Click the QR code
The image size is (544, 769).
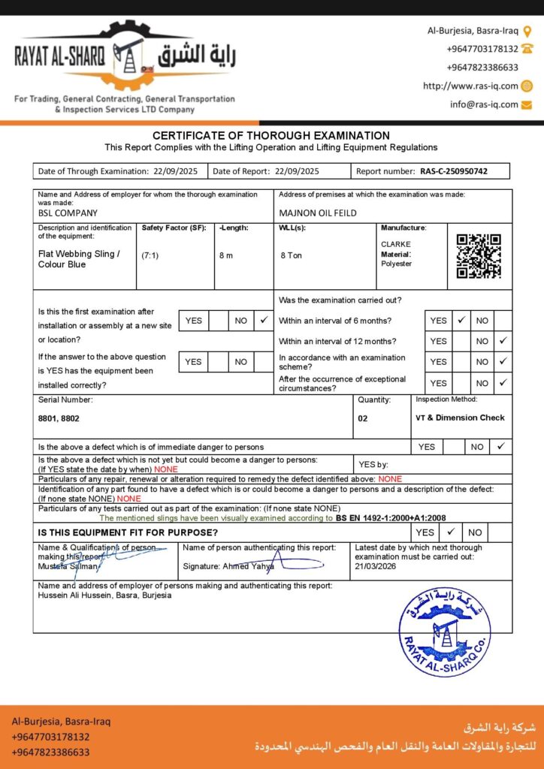tap(479, 256)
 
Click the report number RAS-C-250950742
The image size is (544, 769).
tap(454, 171)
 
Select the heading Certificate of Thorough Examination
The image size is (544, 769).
tap(271, 135)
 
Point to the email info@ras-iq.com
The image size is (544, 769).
tap(484, 104)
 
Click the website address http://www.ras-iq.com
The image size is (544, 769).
tap(470, 86)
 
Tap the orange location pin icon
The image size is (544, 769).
tap(527, 31)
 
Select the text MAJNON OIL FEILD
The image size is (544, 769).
tap(318, 213)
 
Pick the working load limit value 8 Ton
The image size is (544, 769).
tap(292, 255)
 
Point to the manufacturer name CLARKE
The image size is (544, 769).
tap(396, 244)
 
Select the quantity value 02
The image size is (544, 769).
tap(363, 418)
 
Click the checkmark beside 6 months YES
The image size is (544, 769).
tap(461, 320)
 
